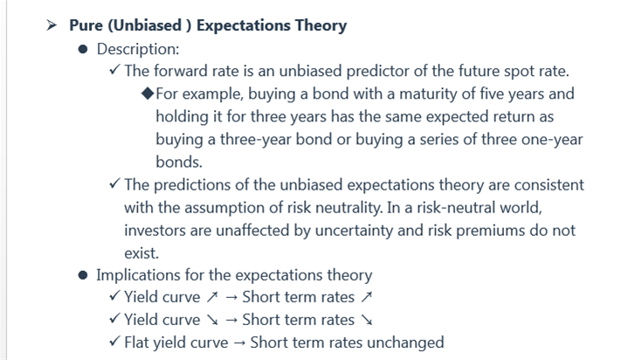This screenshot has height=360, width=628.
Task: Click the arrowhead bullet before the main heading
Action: click(52, 25)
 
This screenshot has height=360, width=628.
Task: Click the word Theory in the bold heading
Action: click(321, 25)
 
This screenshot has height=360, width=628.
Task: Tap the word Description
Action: click(138, 49)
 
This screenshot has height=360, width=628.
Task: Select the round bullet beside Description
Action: click(83, 49)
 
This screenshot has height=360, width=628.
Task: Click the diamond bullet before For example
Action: click(148, 93)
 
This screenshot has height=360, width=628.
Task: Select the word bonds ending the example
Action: click(179, 162)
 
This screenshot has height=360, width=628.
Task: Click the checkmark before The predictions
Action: click(114, 184)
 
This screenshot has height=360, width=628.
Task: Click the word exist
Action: click(141, 253)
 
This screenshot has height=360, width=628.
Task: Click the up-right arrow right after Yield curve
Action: click(212, 297)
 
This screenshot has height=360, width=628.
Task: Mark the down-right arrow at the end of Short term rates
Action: click(367, 320)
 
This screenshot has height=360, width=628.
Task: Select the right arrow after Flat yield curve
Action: click(239, 343)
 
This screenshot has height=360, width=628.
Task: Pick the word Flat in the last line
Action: click(136, 343)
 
